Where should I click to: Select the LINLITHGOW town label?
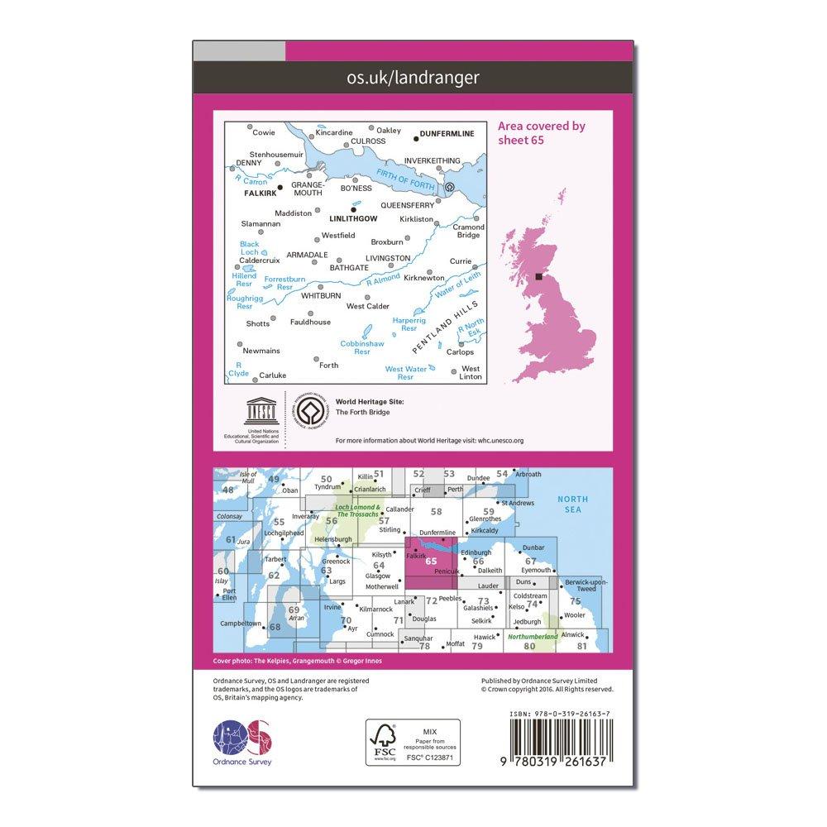tap(353, 218)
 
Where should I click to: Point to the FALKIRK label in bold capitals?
tap(252, 196)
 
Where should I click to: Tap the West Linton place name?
tap(470, 373)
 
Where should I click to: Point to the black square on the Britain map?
tap(538, 278)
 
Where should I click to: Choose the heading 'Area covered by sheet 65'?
tap(541, 132)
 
